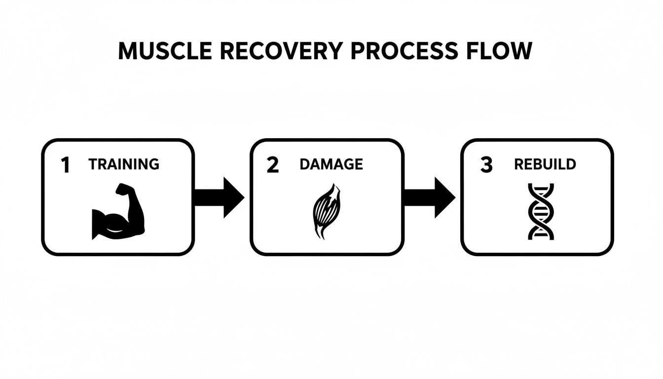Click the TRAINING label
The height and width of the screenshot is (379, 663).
pos(124,164)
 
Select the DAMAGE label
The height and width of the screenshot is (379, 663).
pos(331,164)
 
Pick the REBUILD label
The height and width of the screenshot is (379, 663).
pos(545,164)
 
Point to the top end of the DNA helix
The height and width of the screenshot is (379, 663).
pos(541,186)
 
